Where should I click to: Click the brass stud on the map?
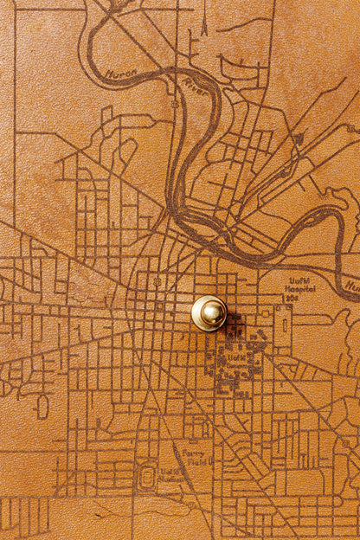pos(209,312)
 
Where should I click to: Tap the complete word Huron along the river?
pos(121,76)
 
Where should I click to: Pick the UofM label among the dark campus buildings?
pos(235,355)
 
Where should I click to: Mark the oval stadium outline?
pos(147,475)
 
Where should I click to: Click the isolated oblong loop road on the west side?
pos(42,405)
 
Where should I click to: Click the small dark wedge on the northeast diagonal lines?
pos(298,138)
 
